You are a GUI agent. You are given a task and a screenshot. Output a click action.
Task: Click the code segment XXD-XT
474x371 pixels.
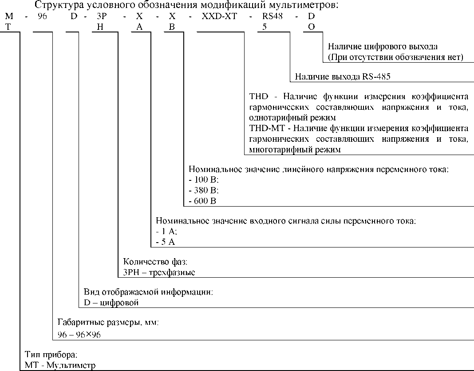tap(218, 16)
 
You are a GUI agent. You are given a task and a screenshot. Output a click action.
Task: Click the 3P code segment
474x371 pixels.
tap(102, 16)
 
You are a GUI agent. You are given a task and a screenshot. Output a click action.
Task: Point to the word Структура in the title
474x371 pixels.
tap(57, 6)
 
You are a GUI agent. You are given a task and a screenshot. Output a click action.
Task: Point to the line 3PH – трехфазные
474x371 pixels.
tap(159, 272)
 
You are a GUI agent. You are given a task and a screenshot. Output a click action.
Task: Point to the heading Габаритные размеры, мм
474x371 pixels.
tap(108, 323)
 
